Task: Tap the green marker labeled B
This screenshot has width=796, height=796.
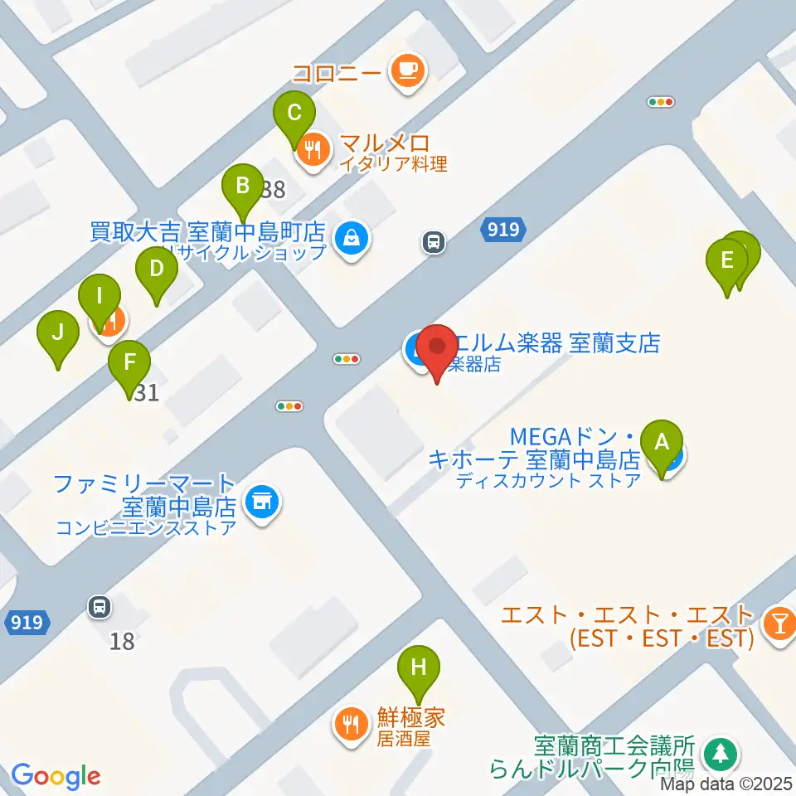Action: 242,186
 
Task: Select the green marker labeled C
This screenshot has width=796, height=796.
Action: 294,112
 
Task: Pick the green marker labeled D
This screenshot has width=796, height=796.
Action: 157,269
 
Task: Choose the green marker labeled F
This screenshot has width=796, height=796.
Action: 129,362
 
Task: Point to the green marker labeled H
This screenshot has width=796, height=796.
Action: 419,667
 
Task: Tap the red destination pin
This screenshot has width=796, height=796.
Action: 437,346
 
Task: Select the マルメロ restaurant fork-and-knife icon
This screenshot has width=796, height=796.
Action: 313,150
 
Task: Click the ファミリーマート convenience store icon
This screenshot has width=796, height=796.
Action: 263,502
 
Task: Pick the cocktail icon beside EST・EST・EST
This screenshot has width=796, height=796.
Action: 779,621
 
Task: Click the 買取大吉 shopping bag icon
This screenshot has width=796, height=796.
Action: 353,239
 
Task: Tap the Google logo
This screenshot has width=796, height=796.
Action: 56,776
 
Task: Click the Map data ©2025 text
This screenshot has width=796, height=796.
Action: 727,783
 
